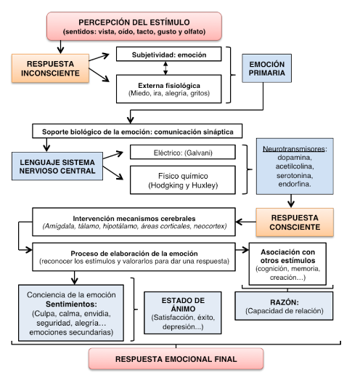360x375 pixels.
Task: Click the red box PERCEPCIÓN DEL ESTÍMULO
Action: [x=134, y=26]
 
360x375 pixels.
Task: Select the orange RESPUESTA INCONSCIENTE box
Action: [x=50, y=68]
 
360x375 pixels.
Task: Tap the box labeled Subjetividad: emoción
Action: [x=168, y=54]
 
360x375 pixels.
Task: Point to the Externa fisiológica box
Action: [x=168, y=89]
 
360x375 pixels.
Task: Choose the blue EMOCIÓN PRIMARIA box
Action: [x=266, y=68]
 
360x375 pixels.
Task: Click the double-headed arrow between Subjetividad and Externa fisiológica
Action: [x=165, y=68]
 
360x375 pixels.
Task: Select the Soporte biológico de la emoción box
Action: [x=137, y=131]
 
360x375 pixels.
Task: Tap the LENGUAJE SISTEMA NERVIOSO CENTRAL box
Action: [x=57, y=166]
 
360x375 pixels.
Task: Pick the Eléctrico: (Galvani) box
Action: [x=183, y=152]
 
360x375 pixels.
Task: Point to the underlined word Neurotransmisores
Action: [x=294, y=149]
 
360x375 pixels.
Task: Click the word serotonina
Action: [x=295, y=175]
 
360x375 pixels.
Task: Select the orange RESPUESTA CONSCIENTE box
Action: [x=295, y=222]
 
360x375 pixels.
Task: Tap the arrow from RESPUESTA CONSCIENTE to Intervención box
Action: [x=246, y=222]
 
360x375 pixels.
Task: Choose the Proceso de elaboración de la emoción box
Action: [x=134, y=257]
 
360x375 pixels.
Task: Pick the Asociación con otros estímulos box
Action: [x=287, y=264]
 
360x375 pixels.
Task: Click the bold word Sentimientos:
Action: [x=71, y=304]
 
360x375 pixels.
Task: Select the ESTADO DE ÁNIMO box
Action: [x=183, y=312]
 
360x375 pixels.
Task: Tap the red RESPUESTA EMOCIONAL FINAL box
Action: [x=176, y=359]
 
